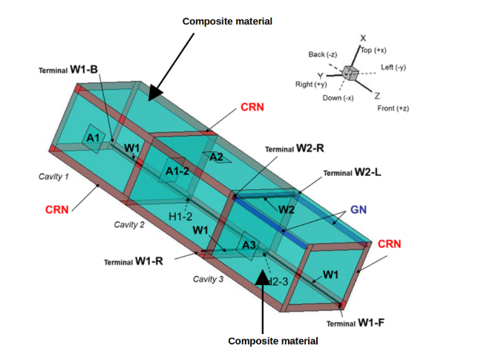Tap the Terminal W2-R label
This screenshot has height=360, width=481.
click(294, 148)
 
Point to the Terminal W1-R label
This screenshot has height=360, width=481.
click(134, 261)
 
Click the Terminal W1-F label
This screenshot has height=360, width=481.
click(356, 323)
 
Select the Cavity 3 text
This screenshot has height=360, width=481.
click(208, 279)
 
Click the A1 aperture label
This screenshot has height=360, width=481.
click(93, 138)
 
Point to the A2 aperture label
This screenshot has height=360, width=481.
click(216, 157)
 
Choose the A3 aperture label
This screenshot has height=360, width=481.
click(249, 245)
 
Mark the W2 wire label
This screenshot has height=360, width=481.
click(286, 209)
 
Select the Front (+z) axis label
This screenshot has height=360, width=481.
click(390, 108)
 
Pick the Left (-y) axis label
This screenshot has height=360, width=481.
click(393, 68)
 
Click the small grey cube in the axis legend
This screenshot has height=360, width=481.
click(352, 74)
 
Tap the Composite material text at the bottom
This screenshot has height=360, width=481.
click(272, 341)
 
